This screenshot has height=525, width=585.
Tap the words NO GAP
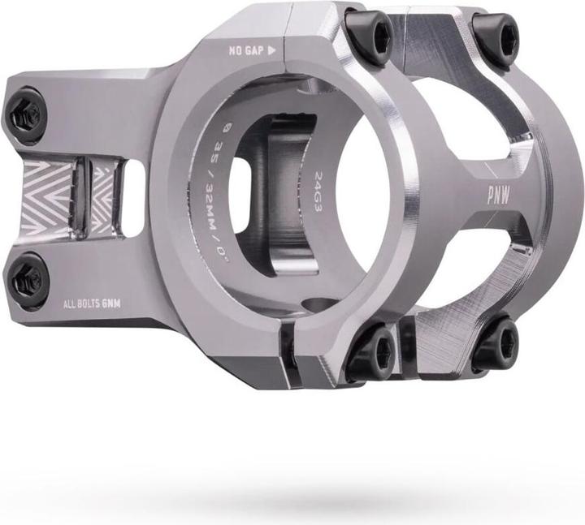click(x=246, y=50)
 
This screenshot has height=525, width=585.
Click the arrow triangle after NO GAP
click(x=272, y=50)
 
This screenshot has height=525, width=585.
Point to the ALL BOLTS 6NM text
click(x=92, y=304)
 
